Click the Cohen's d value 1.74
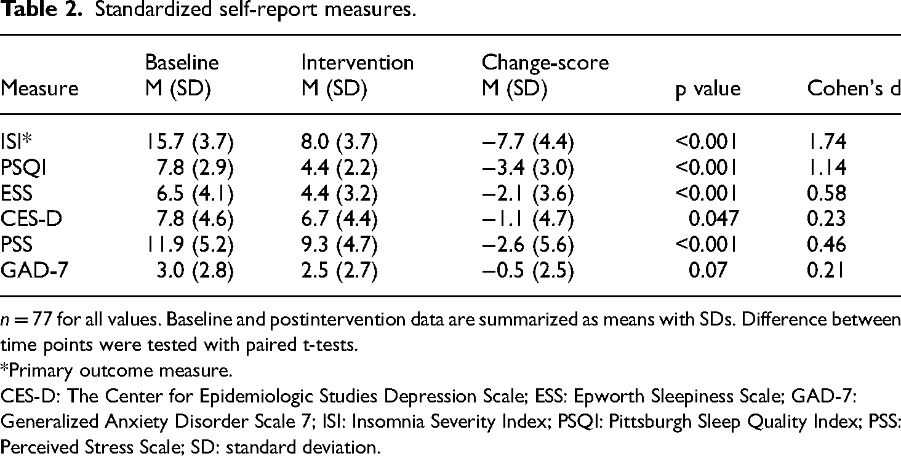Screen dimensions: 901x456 click(x=827, y=142)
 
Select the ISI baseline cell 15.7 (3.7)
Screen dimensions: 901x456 click(x=190, y=142)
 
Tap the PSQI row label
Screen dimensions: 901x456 click(x=23, y=167)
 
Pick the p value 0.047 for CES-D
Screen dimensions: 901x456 click(x=713, y=218)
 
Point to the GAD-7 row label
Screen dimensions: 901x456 click(x=34, y=270)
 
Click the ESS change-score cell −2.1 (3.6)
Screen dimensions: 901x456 click(x=528, y=193)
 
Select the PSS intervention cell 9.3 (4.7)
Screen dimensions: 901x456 click(x=340, y=244)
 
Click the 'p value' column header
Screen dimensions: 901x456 click(x=708, y=89)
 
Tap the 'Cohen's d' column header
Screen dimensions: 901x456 click(x=854, y=88)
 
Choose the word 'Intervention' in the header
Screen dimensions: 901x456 click(x=358, y=63)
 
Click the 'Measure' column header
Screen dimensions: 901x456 click(x=39, y=88)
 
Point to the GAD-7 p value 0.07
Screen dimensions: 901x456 click(x=708, y=270)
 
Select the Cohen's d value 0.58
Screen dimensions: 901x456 click(x=827, y=193)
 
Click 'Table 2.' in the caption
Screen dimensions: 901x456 click(x=41, y=9)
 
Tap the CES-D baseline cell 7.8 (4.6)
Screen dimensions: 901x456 click(x=195, y=219)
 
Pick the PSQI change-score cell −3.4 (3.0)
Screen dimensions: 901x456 click(x=528, y=167)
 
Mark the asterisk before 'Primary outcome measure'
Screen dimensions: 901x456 click(x=4, y=367)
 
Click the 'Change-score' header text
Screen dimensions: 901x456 click(x=545, y=63)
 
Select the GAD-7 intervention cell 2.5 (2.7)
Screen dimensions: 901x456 click(x=340, y=270)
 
